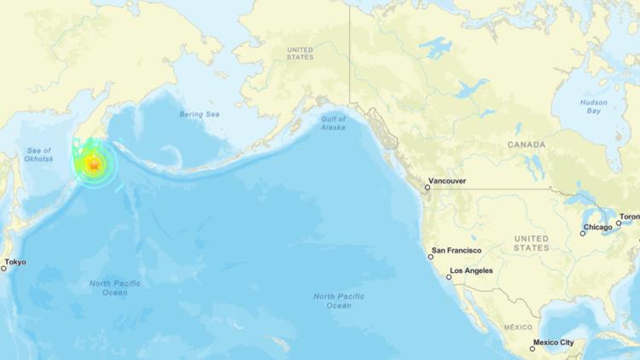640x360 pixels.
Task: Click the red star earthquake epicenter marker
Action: (x=94, y=165)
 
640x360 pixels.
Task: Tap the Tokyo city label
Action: (x=15, y=262)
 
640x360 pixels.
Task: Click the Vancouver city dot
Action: (x=428, y=187)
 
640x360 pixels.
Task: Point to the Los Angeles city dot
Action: (x=449, y=277)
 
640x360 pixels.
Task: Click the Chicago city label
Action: (x=597, y=228)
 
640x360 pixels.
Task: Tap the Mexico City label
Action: (x=555, y=343)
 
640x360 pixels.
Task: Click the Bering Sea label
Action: (x=200, y=114)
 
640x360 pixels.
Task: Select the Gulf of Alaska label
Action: (x=333, y=123)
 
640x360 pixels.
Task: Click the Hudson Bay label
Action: (x=594, y=107)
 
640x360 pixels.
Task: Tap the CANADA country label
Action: (x=527, y=145)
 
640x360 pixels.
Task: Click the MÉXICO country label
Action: (x=518, y=328)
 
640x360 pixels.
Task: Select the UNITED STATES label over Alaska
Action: (x=300, y=54)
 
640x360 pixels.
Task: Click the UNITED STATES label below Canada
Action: (x=532, y=242)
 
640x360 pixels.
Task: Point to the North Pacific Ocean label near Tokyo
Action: (x=115, y=287)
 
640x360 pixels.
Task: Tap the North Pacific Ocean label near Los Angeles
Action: (x=339, y=300)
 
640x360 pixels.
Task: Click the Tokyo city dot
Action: (x=3, y=268)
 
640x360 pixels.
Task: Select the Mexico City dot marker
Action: (x=532, y=348)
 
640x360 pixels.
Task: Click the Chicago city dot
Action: (x=583, y=233)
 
